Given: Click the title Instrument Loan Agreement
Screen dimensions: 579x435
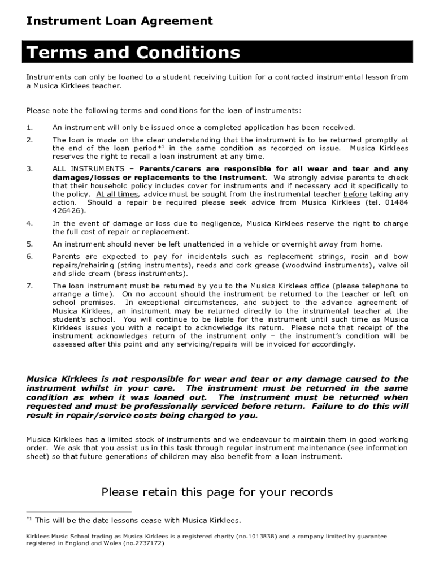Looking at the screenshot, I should coord(119,21).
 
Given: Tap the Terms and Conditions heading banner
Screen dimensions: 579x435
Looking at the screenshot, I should coord(133,53).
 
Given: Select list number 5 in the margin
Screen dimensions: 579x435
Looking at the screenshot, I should coord(29,244).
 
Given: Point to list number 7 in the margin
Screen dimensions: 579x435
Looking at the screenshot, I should coord(29,286).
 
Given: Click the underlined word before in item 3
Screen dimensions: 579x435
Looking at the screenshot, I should coord(355,194).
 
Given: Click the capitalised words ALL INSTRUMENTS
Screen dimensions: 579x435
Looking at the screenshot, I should coord(88,169).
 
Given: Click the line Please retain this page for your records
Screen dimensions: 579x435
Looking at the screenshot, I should coord(217,492).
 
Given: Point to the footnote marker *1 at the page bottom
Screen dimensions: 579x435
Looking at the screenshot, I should coord(29,519).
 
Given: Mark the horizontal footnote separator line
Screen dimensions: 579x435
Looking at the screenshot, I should coord(79,512).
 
